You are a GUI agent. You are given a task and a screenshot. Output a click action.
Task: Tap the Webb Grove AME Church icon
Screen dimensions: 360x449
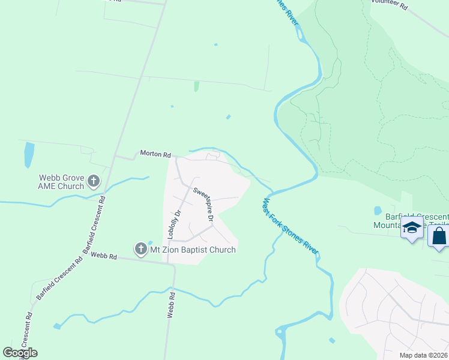(x=94, y=181)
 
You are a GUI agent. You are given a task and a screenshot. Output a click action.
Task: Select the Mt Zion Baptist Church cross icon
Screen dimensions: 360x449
(x=140, y=249)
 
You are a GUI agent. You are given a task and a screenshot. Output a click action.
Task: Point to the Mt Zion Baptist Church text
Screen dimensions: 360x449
(x=193, y=250)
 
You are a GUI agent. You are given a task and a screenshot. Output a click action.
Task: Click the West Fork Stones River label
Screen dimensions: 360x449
(x=289, y=227)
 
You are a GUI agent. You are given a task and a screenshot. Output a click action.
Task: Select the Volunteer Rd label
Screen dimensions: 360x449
(x=389, y=5)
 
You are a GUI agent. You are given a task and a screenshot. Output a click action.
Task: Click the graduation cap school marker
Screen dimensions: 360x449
(x=412, y=229)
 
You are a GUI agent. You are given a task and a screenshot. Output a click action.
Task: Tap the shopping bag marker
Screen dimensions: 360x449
(x=439, y=236)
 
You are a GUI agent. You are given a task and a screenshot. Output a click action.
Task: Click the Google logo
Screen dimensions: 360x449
(x=20, y=353)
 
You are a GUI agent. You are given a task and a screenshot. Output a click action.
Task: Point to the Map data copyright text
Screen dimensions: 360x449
(x=424, y=355)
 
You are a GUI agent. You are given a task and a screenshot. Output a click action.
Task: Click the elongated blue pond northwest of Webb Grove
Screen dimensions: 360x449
(x=29, y=155)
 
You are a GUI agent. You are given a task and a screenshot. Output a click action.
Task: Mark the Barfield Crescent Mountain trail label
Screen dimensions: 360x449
(x=414, y=221)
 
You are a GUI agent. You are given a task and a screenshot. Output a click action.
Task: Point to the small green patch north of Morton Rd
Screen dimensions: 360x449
(x=196, y=86)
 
